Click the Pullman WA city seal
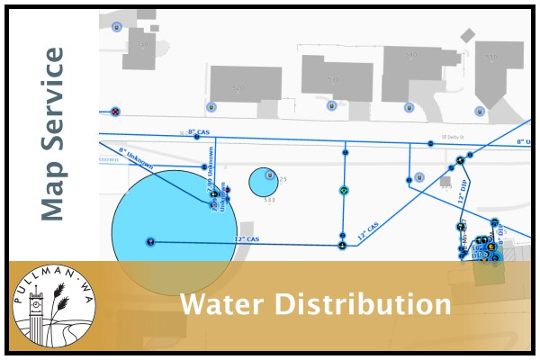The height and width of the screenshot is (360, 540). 53,307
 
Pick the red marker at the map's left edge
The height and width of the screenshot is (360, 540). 115,112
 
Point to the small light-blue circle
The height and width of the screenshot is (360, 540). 262,182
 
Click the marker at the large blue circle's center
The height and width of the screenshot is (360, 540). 150,241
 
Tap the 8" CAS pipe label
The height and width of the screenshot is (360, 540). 198,133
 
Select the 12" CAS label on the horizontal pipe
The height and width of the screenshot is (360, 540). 246,239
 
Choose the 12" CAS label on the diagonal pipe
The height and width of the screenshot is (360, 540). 370,229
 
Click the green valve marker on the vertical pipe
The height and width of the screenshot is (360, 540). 343,191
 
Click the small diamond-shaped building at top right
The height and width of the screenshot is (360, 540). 467,35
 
